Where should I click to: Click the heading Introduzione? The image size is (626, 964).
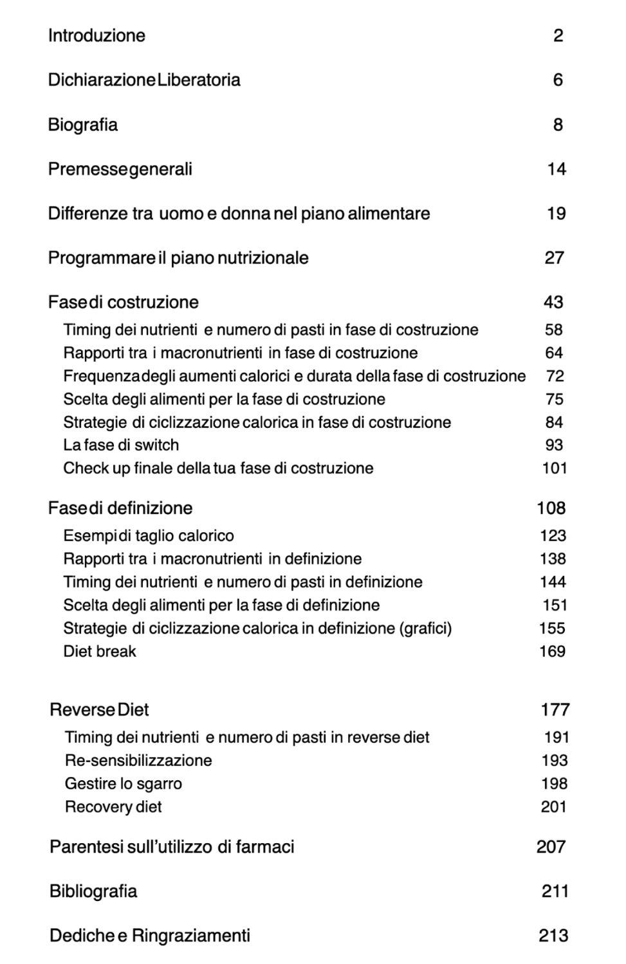tap(97, 35)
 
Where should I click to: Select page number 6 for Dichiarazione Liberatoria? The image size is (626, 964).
tap(557, 80)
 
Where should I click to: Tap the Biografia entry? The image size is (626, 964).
tap(82, 125)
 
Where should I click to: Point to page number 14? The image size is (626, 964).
tap(556, 169)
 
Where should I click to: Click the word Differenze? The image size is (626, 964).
tap(87, 213)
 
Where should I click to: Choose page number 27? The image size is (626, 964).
tap(554, 258)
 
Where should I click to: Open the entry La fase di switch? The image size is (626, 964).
tap(121, 445)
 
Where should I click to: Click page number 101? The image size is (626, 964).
tap(554, 468)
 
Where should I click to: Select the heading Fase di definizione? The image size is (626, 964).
tap(120, 508)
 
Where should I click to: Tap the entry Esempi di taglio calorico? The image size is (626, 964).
tap(149, 535)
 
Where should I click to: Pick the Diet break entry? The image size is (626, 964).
tap(100, 651)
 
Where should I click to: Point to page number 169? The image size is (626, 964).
tap(552, 651)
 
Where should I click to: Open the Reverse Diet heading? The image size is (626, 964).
tap(99, 710)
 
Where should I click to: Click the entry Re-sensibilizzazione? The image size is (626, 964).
tap(138, 760)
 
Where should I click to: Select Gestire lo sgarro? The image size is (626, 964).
tap(124, 783)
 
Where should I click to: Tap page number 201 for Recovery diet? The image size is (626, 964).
tap(553, 807)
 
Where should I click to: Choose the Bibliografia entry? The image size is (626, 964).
tap(93, 891)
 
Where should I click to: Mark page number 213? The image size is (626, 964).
tap(553, 935)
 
